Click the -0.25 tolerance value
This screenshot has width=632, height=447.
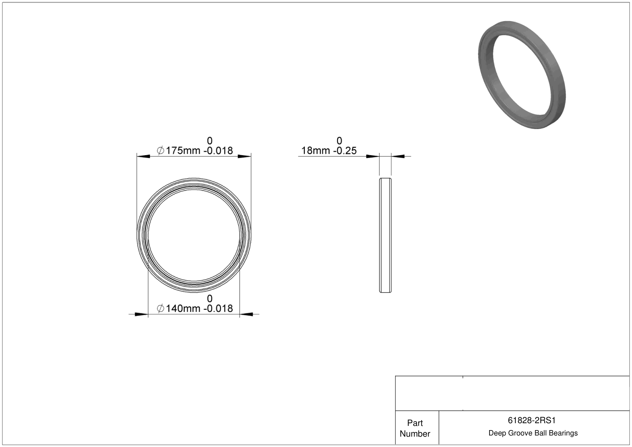345,151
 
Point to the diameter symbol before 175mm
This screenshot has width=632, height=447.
160,151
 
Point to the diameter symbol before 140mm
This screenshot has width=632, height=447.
160,308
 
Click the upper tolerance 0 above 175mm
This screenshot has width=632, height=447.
210,141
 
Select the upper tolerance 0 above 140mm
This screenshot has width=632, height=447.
210,298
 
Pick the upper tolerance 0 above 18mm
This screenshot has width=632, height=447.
339,141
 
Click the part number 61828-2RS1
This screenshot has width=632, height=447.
531,420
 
